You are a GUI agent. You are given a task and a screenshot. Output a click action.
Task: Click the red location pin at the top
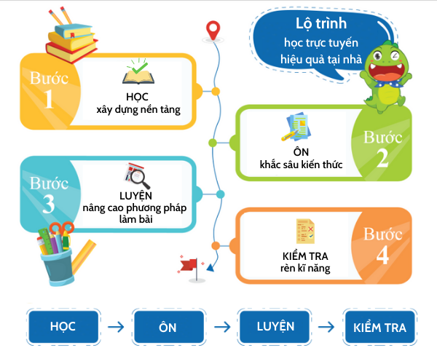coord(213,30)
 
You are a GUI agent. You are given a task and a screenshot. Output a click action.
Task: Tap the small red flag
coord(188,264)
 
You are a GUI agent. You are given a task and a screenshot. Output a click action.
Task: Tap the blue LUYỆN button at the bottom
coord(276,325)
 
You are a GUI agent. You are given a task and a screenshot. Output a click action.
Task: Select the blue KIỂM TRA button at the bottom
coord(379,327)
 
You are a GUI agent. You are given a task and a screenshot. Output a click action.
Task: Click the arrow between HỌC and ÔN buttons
coord(115,327)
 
